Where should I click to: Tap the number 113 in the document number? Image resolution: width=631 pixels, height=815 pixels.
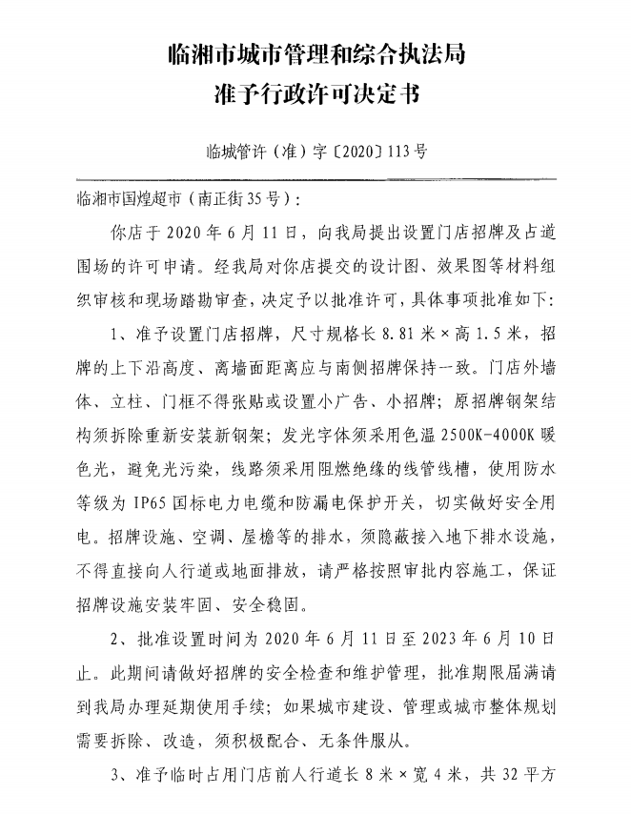[x=397, y=151]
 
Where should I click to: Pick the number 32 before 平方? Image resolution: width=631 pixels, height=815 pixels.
[x=504, y=777]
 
